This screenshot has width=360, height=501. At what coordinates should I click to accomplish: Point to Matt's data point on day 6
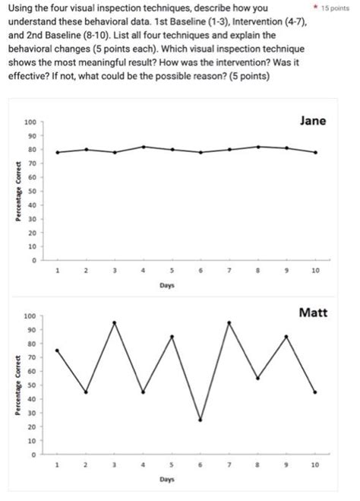pos(201,420)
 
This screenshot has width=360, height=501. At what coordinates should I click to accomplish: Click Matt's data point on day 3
pos(115,322)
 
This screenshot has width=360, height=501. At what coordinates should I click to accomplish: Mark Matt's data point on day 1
pos(58,350)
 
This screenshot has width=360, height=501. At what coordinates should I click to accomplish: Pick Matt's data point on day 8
pos(258,378)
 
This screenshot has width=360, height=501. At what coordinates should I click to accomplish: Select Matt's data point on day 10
pos(315,392)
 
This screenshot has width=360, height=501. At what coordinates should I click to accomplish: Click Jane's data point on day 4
pos(144,147)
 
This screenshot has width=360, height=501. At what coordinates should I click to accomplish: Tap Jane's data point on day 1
pos(58,152)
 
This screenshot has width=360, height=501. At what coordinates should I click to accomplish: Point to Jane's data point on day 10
pos(315,152)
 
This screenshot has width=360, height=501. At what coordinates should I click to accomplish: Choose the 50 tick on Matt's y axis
pos(31,385)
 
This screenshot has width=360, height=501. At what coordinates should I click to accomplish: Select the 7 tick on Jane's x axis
pos(229,270)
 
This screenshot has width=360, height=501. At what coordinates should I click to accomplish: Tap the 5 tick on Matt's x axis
pos(172,462)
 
